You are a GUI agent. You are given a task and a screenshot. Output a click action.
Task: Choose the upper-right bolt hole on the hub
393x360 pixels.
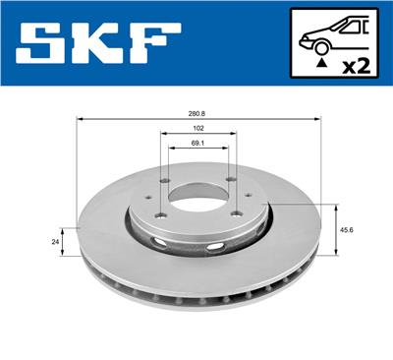pyautogui.click(x=228, y=180)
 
